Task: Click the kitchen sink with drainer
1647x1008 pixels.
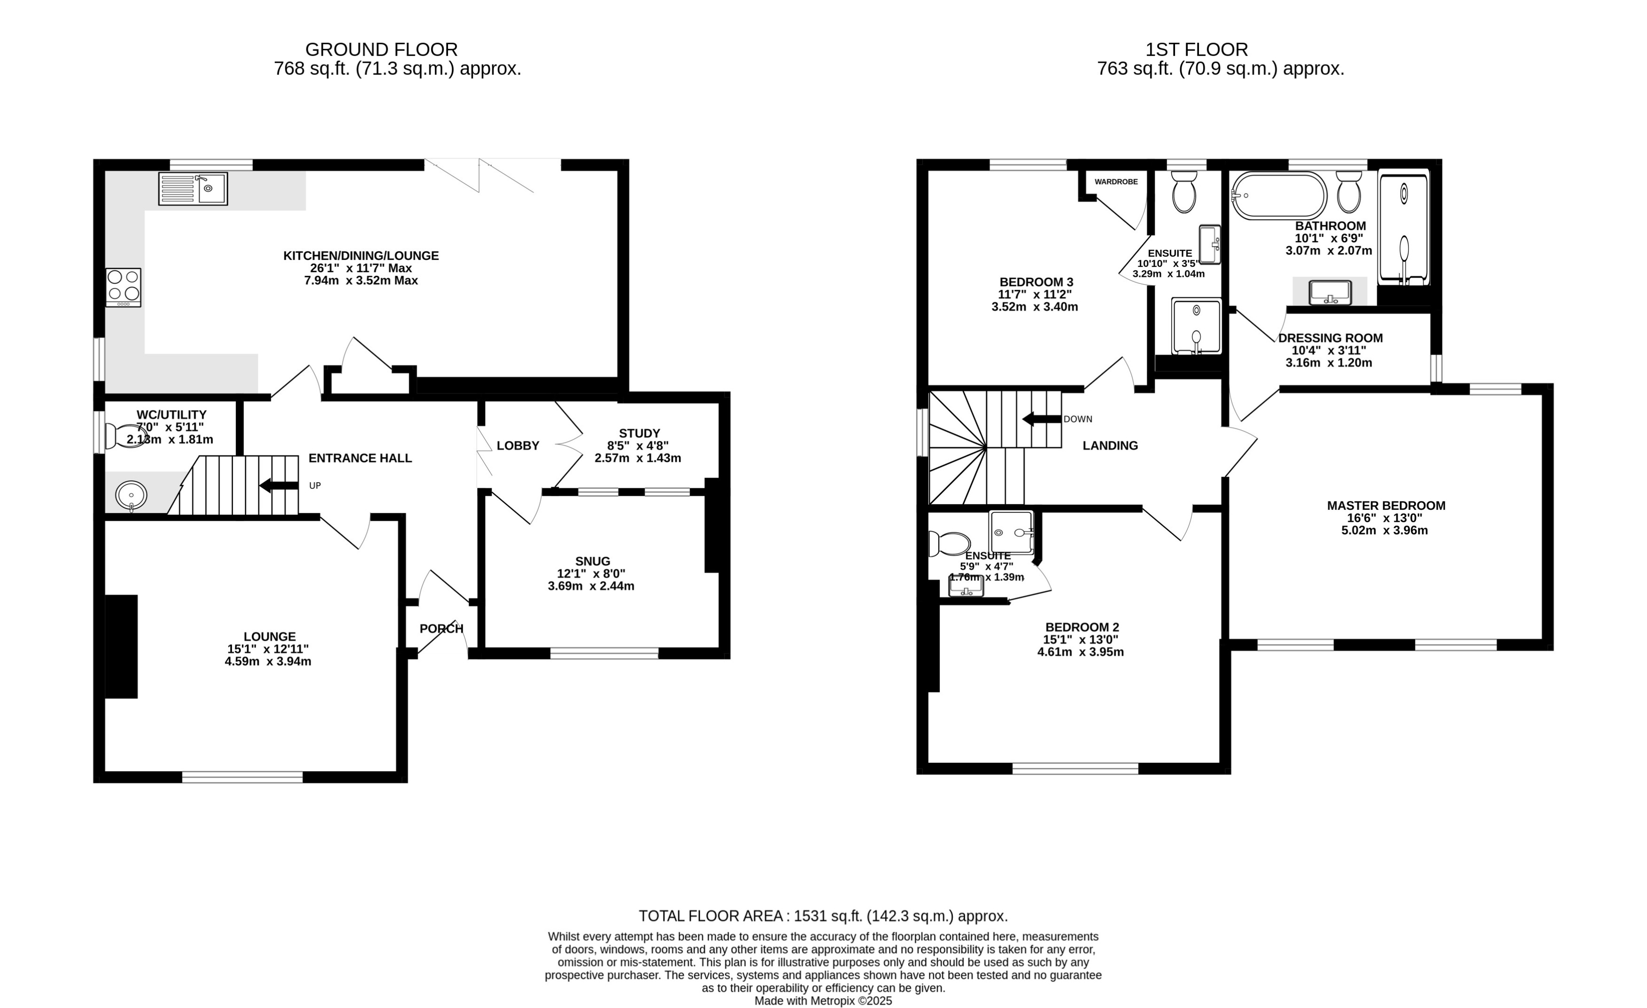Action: pyautogui.click(x=193, y=189)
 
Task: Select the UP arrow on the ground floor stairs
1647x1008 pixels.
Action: pyautogui.click(x=279, y=485)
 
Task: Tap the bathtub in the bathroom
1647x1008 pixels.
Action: pyautogui.click(x=1279, y=195)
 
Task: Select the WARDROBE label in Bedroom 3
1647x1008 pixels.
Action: pyautogui.click(x=1116, y=182)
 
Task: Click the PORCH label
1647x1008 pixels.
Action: pyautogui.click(x=441, y=629)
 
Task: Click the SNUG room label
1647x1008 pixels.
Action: pyautogui.click(x=592, y=561)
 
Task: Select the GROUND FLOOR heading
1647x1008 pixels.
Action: pyautogui.click(x=381, y=49)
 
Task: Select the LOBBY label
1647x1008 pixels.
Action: pyautogui.click(x=517, y=445)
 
